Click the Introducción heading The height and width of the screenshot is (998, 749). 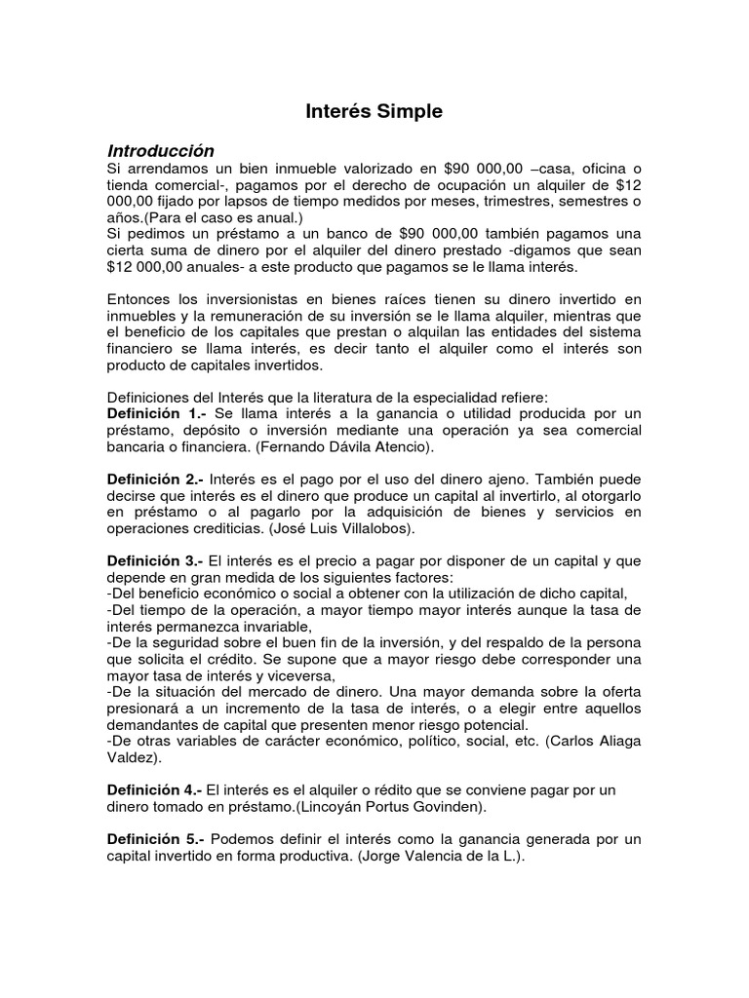tap(160, 151)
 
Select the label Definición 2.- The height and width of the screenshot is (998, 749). tap(155, 480)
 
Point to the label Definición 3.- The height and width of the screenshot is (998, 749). tap(155, 561)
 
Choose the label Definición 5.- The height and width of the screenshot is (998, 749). tap(156, 839)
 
